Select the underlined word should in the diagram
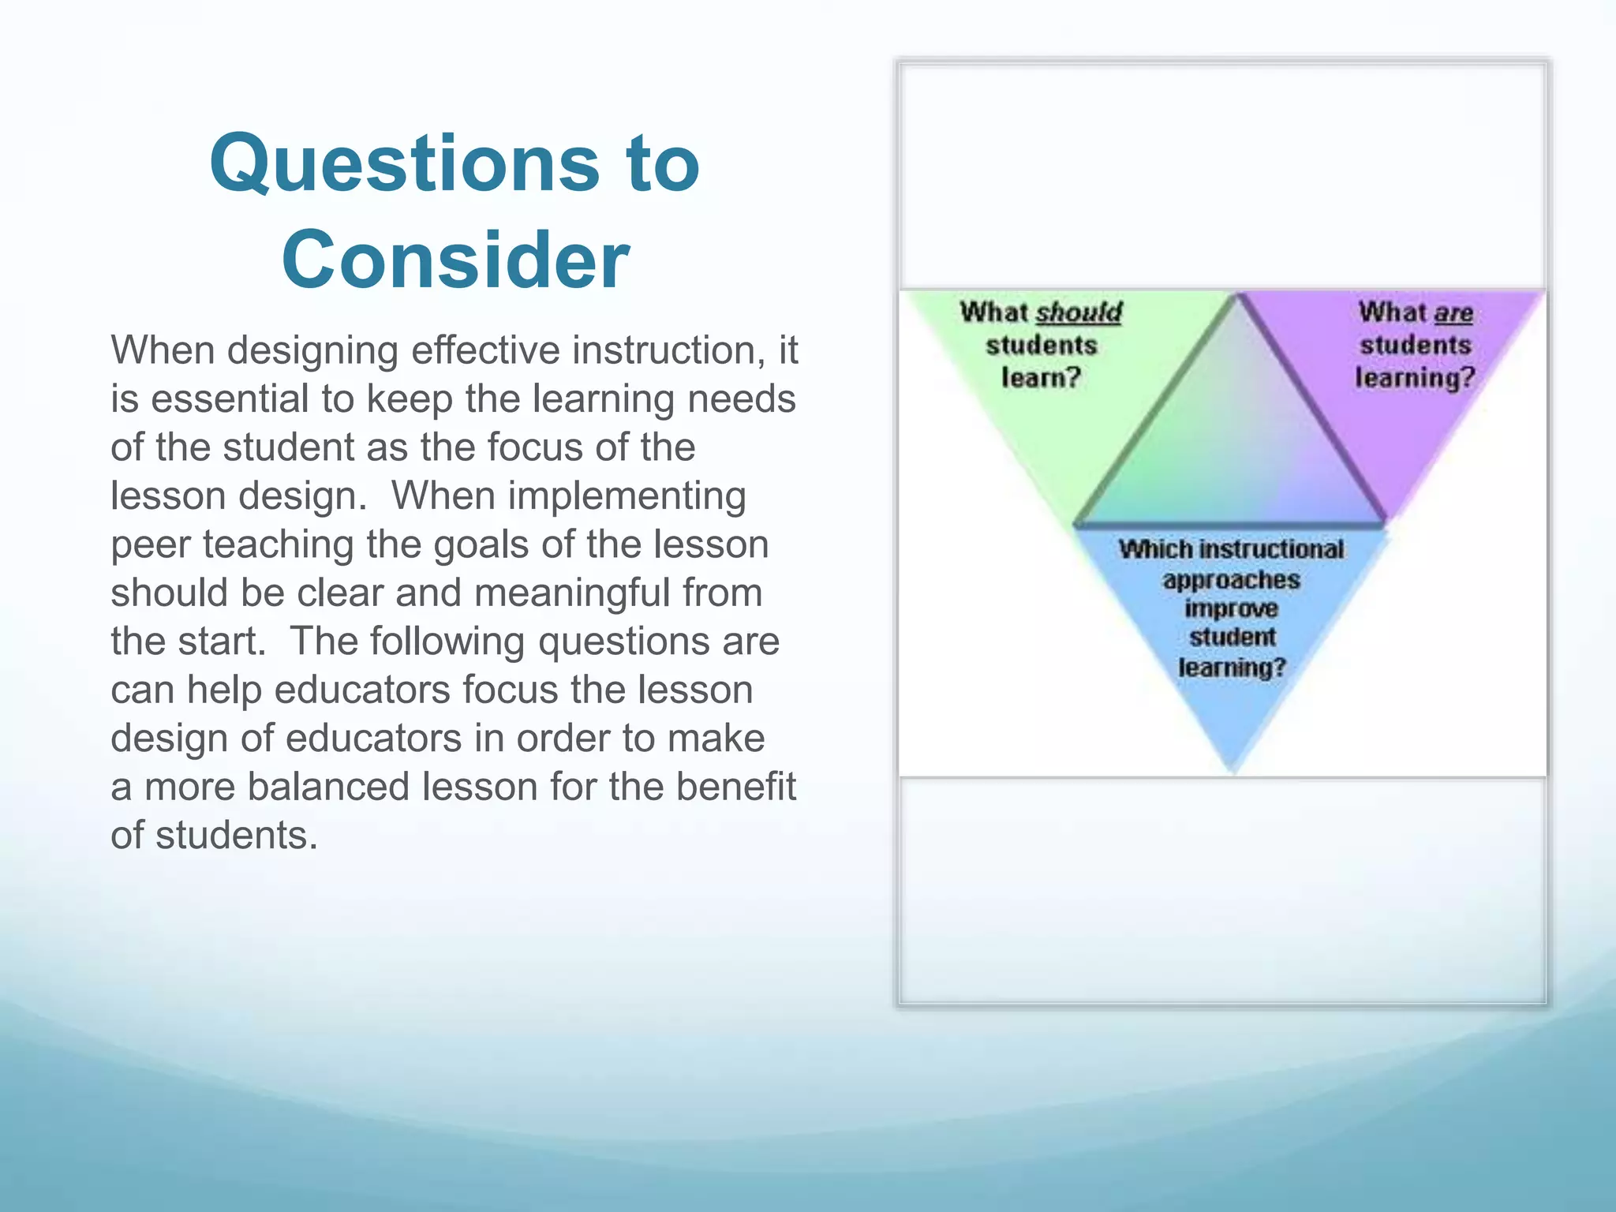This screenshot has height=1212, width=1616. [1079, 312]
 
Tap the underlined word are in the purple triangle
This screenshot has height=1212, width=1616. [1453, 313]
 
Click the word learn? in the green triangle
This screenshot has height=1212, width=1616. [1041, 377]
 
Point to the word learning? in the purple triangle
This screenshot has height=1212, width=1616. [1415, 377]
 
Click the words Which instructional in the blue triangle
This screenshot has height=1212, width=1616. [1231, 549]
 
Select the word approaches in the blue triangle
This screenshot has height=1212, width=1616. [1231, 580]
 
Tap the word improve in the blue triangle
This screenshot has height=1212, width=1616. [1231, 609]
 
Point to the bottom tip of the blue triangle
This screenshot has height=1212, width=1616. [1234, 769]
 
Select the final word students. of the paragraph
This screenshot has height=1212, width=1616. [237, 835]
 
